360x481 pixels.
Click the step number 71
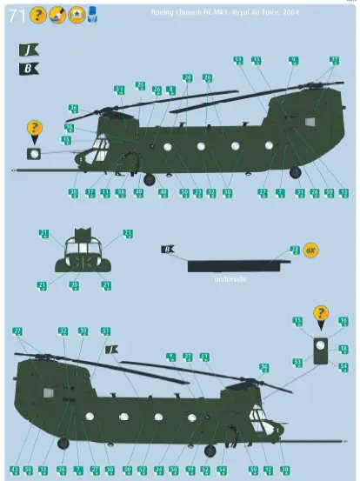pyautogui.click(x=17, y=15)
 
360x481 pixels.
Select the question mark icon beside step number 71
pyautogui.click(x=37, y=15)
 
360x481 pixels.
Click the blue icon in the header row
pyautogui.click(x=92, y=15)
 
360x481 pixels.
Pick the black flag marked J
pyautogui.click(x=28, y=50)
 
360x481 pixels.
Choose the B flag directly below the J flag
pyautogui.click(x=28, y=69)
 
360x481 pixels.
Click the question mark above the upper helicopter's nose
pyautogui.click(x=35, y=129)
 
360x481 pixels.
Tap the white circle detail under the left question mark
pyautogui.click(x=35, y=153)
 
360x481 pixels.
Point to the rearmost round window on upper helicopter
pyautogui.click(x=270, y=145)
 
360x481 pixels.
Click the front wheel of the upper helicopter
pyautogui.click(x=149, y=179)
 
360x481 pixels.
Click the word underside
pyautogui.click(x=230, y=278)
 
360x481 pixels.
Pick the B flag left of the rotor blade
pyautogui.click(x=167, y=250)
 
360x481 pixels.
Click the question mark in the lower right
pyautogui.click(x=321, y=313)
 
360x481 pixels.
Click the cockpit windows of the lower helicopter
pyautogui.click(x=258, y=417)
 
